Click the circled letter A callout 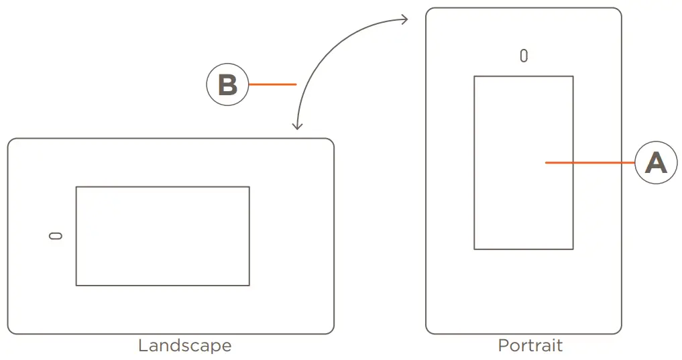pos(655,162)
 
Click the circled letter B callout pos(227,84)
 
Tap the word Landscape pos(184,346)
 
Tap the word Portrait pos(530,346)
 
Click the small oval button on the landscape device pos(56,235)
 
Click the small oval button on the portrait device pos(524,56)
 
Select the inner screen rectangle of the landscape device pos(162,236)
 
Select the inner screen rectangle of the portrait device pos(523,162)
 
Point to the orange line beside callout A pos(589,162)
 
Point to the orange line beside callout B pos(272,84)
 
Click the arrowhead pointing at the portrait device pos(404,19)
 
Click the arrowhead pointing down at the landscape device pos(298,125)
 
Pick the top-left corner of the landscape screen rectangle pos(76,187)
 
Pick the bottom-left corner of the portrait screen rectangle pos(475,249)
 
